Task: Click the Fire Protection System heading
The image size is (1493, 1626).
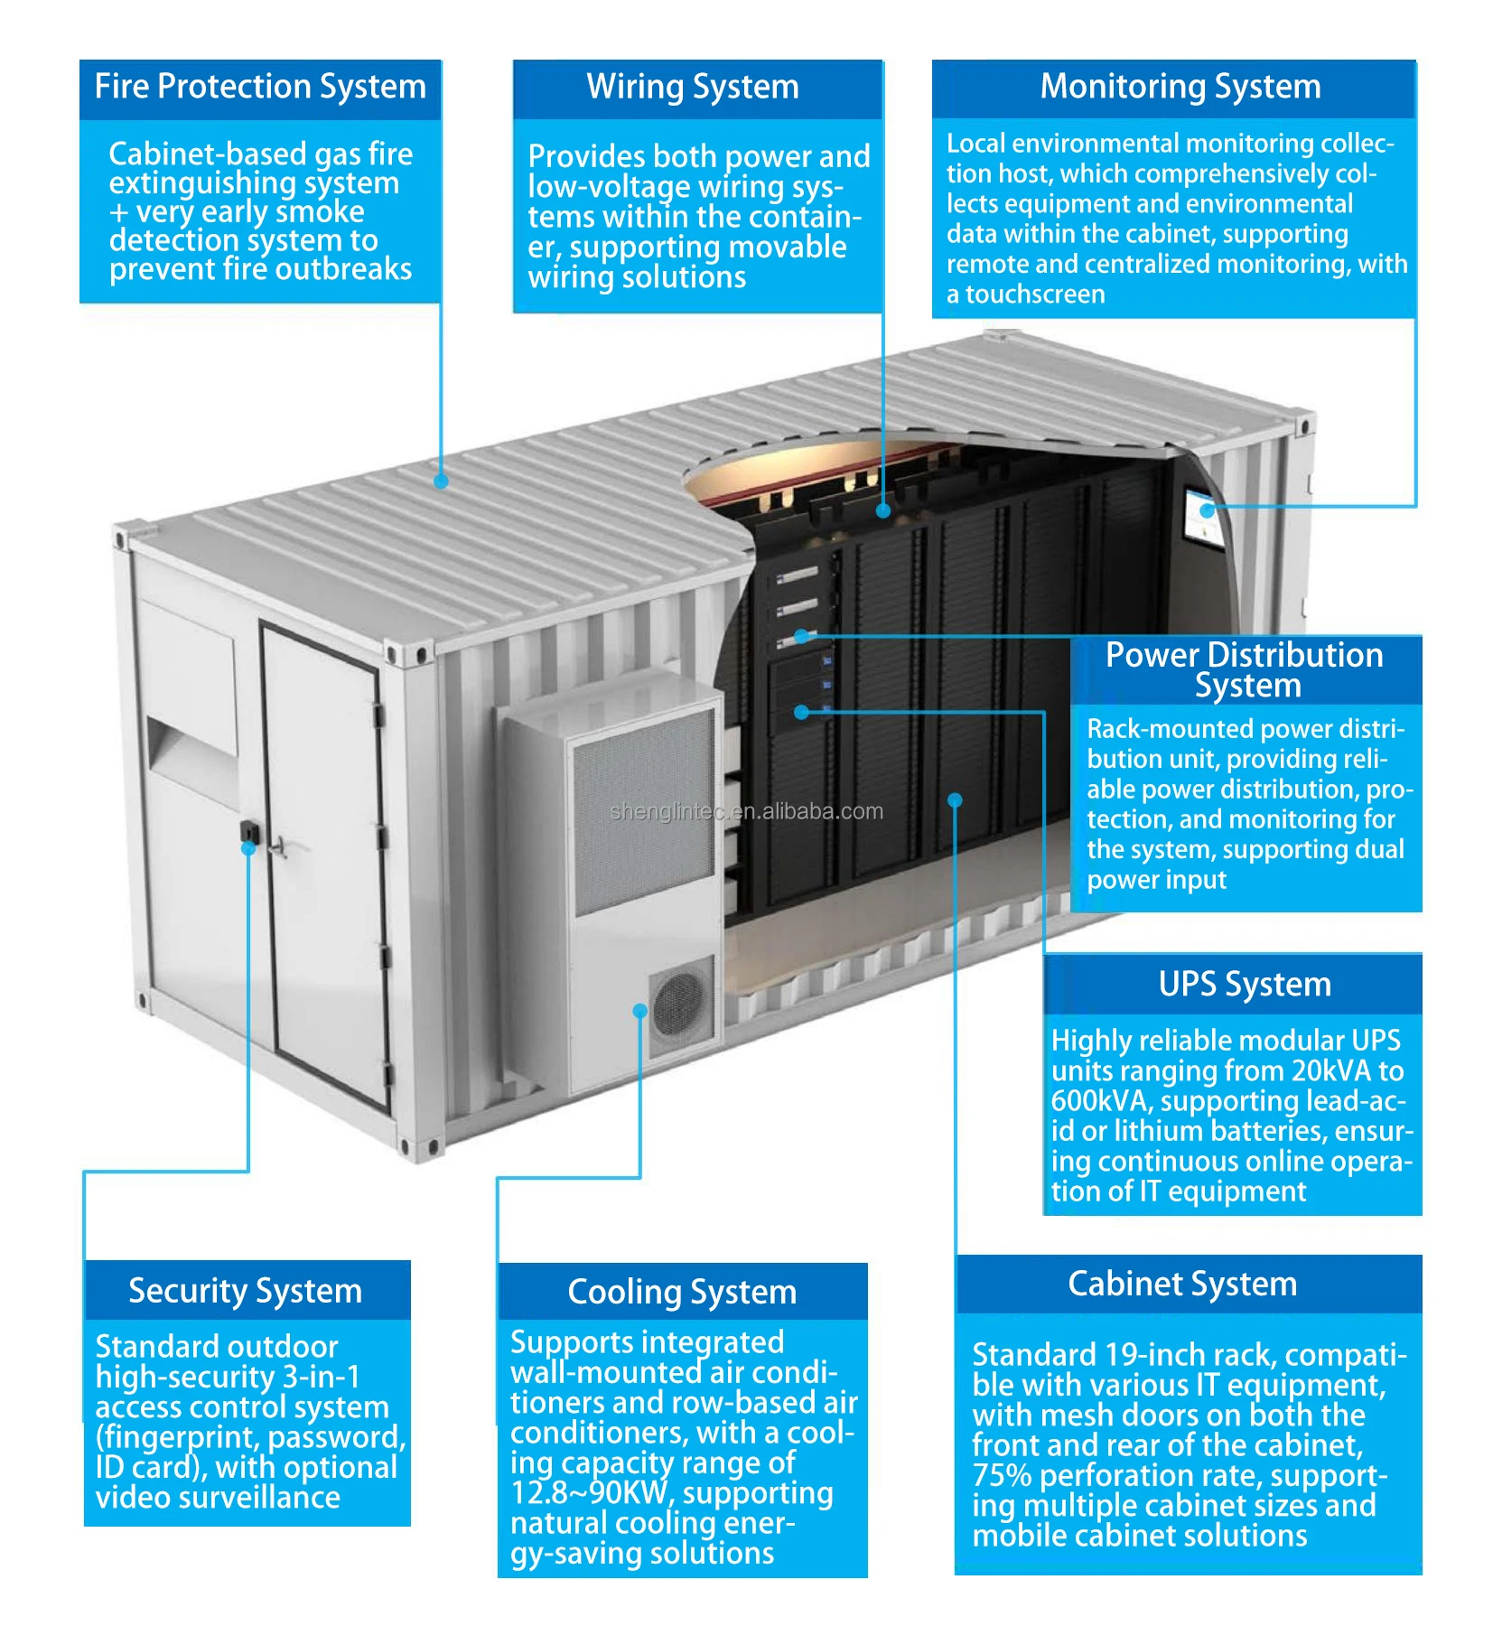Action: [260, 87]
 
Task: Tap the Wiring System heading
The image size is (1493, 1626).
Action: [693, 88]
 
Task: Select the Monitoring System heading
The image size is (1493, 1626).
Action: [1180, 87]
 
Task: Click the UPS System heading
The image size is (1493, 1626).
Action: [1245, 984]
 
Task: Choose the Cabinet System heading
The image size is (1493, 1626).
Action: [1182, 1284]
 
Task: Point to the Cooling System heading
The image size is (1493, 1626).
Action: [682, 1292]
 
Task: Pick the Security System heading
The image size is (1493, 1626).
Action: [245, 1290]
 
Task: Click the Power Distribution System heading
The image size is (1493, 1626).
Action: [1245, 669]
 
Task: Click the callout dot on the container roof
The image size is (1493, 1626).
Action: [441, 481]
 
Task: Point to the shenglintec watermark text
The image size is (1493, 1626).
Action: [746, 811]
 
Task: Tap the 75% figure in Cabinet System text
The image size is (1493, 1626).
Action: [1002, 1475]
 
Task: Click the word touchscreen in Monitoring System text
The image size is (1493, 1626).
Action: [1035, 294]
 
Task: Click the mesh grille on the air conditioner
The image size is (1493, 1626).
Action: [643, 813]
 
